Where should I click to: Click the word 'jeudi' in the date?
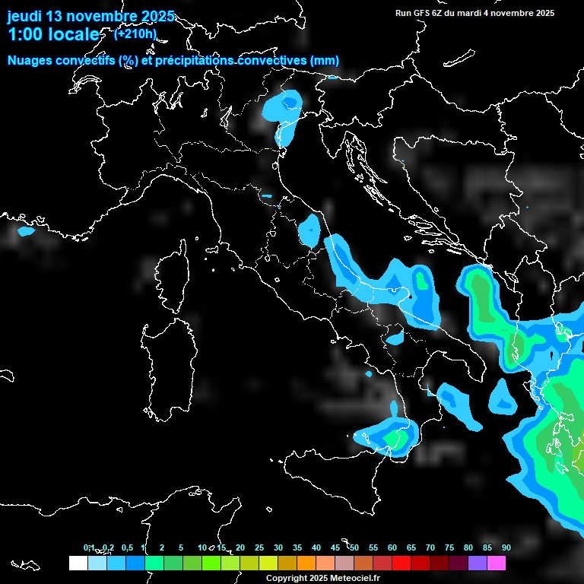(x=25, y=16)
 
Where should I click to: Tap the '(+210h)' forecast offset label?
(x=135, y=34)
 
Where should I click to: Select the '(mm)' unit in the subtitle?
(x=325, y=60)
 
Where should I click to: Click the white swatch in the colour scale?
(x=78, y=563)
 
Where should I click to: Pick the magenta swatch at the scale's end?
(x=497, y=563)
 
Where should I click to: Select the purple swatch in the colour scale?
(x=478, y=563)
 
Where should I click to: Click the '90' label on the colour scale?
(x=506, y=547)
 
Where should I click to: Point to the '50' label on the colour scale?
(x=354, y=547)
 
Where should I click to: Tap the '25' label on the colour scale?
(x=259, y=547)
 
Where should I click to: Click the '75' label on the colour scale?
(x=449, y=547)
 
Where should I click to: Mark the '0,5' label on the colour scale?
(x=127, y=547)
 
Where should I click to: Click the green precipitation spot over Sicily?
(x=394, y=439)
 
